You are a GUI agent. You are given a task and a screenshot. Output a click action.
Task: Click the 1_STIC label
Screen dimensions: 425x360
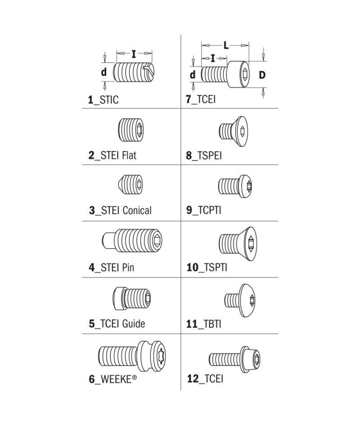103,100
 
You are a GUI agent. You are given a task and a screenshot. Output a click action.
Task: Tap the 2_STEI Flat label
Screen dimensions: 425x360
112,156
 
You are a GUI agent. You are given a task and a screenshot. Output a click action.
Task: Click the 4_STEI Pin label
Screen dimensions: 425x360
112,268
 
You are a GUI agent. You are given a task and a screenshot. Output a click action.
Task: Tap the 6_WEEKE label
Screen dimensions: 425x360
113,379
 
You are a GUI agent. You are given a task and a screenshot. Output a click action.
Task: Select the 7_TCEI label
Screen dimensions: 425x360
201,100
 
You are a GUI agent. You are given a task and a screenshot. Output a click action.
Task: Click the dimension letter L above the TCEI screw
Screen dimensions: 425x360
226,45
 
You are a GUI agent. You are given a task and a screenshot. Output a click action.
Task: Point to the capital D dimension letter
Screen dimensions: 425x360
262,75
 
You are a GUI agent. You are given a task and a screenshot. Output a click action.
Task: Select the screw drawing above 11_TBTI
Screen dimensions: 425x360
240,298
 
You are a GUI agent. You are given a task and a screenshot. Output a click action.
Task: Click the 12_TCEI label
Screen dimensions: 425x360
205,379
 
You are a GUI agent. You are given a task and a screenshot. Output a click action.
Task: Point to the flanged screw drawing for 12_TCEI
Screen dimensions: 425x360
236,358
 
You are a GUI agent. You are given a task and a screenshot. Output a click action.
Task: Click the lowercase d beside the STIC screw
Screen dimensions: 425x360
103,72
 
